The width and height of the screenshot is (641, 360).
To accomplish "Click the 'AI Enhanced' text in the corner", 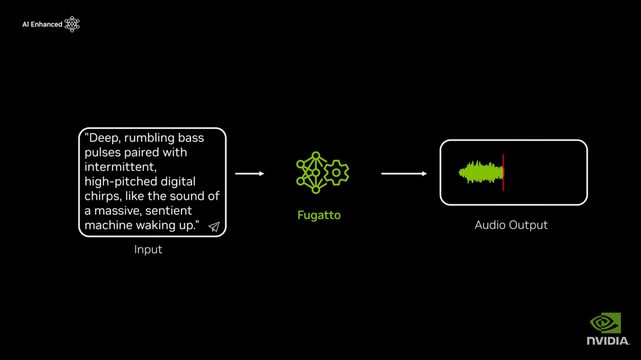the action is pos(42,24).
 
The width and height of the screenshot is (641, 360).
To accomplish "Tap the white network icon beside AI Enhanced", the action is pos(72,24).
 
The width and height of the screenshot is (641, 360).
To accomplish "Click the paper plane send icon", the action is pos(214,226).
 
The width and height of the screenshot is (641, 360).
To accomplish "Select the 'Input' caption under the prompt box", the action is pos(148,250).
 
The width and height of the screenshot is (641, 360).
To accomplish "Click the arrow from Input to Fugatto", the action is pos(250,174).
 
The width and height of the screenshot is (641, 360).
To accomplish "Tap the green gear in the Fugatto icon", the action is pos(336,172).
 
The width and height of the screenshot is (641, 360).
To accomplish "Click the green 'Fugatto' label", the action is pos(319,215).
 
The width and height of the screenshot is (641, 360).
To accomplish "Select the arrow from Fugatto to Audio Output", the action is pos(404,174).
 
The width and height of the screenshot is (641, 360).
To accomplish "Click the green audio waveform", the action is pos(481,172).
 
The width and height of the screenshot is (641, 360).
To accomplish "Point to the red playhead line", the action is pos(503,173).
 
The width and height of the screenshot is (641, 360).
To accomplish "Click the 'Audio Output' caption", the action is pos(511,225).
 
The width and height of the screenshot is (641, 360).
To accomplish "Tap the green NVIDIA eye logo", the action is pos(605,323).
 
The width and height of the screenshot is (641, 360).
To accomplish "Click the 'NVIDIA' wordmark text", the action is pos(608,341).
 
